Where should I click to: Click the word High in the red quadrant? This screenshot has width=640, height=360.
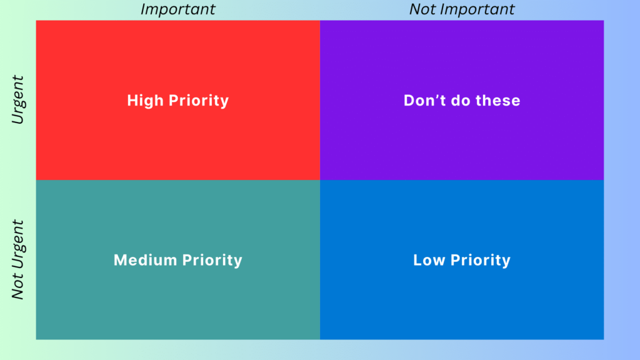click(x=145, y=101)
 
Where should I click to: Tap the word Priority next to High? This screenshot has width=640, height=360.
click(x=198, y=101)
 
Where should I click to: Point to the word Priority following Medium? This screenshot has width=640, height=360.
click(x=212, y=261)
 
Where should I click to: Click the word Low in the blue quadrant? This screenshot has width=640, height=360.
click(x=429, y=260)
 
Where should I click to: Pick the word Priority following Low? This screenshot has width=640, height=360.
click(x=481, y=261)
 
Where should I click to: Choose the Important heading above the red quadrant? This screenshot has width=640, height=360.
click(x=178, y=9)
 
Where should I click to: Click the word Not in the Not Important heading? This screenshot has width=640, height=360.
click(x=421, y=9)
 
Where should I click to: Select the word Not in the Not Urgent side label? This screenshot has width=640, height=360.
click(x=17, y=287)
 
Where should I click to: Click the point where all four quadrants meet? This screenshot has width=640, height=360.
click(x=320, y=180)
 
